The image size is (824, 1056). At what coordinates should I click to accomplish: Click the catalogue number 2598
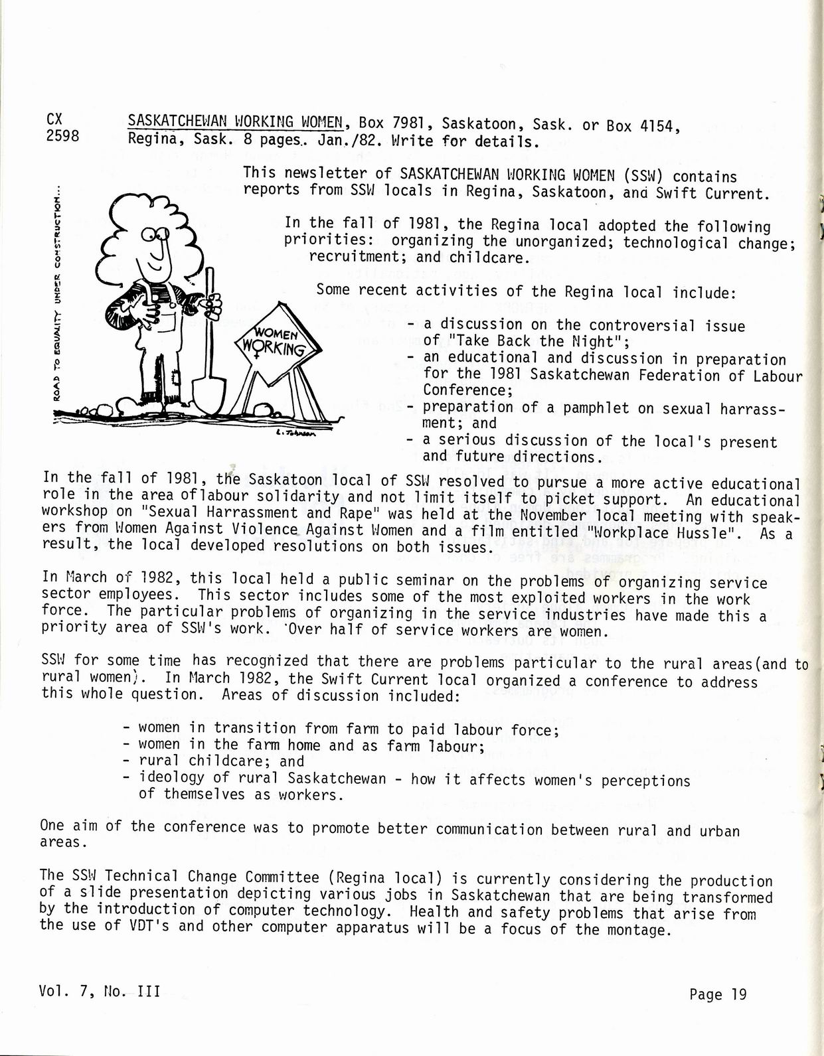coord(63,137)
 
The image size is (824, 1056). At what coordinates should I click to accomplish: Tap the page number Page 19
coord(718,994)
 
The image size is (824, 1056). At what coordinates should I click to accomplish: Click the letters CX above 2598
coord(55,119)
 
